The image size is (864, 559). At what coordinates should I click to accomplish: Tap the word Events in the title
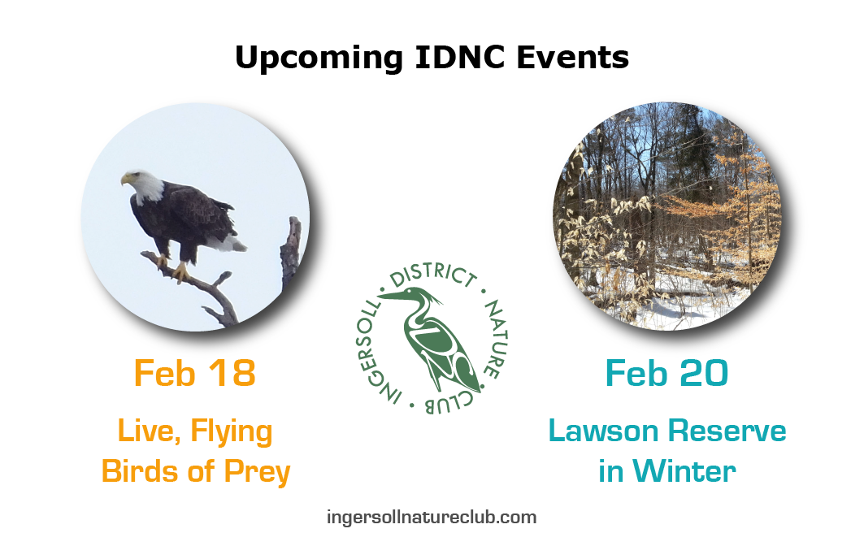(572, 57)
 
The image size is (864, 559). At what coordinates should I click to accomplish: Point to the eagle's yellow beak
(126, 179)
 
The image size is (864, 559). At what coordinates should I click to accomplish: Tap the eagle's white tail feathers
(228, 242)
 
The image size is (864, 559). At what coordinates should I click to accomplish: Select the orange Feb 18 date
(194, 374)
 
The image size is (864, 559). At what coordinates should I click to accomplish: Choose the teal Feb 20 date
(666, 374)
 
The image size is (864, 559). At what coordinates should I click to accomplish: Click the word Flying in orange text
(232, 432)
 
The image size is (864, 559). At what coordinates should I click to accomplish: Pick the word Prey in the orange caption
(257, 473)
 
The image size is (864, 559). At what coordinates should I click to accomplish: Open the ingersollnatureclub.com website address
(432, 518)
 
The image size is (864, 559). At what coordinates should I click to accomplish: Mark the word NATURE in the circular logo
(497, 338)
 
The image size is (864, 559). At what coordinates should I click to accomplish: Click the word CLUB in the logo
(449, 402)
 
